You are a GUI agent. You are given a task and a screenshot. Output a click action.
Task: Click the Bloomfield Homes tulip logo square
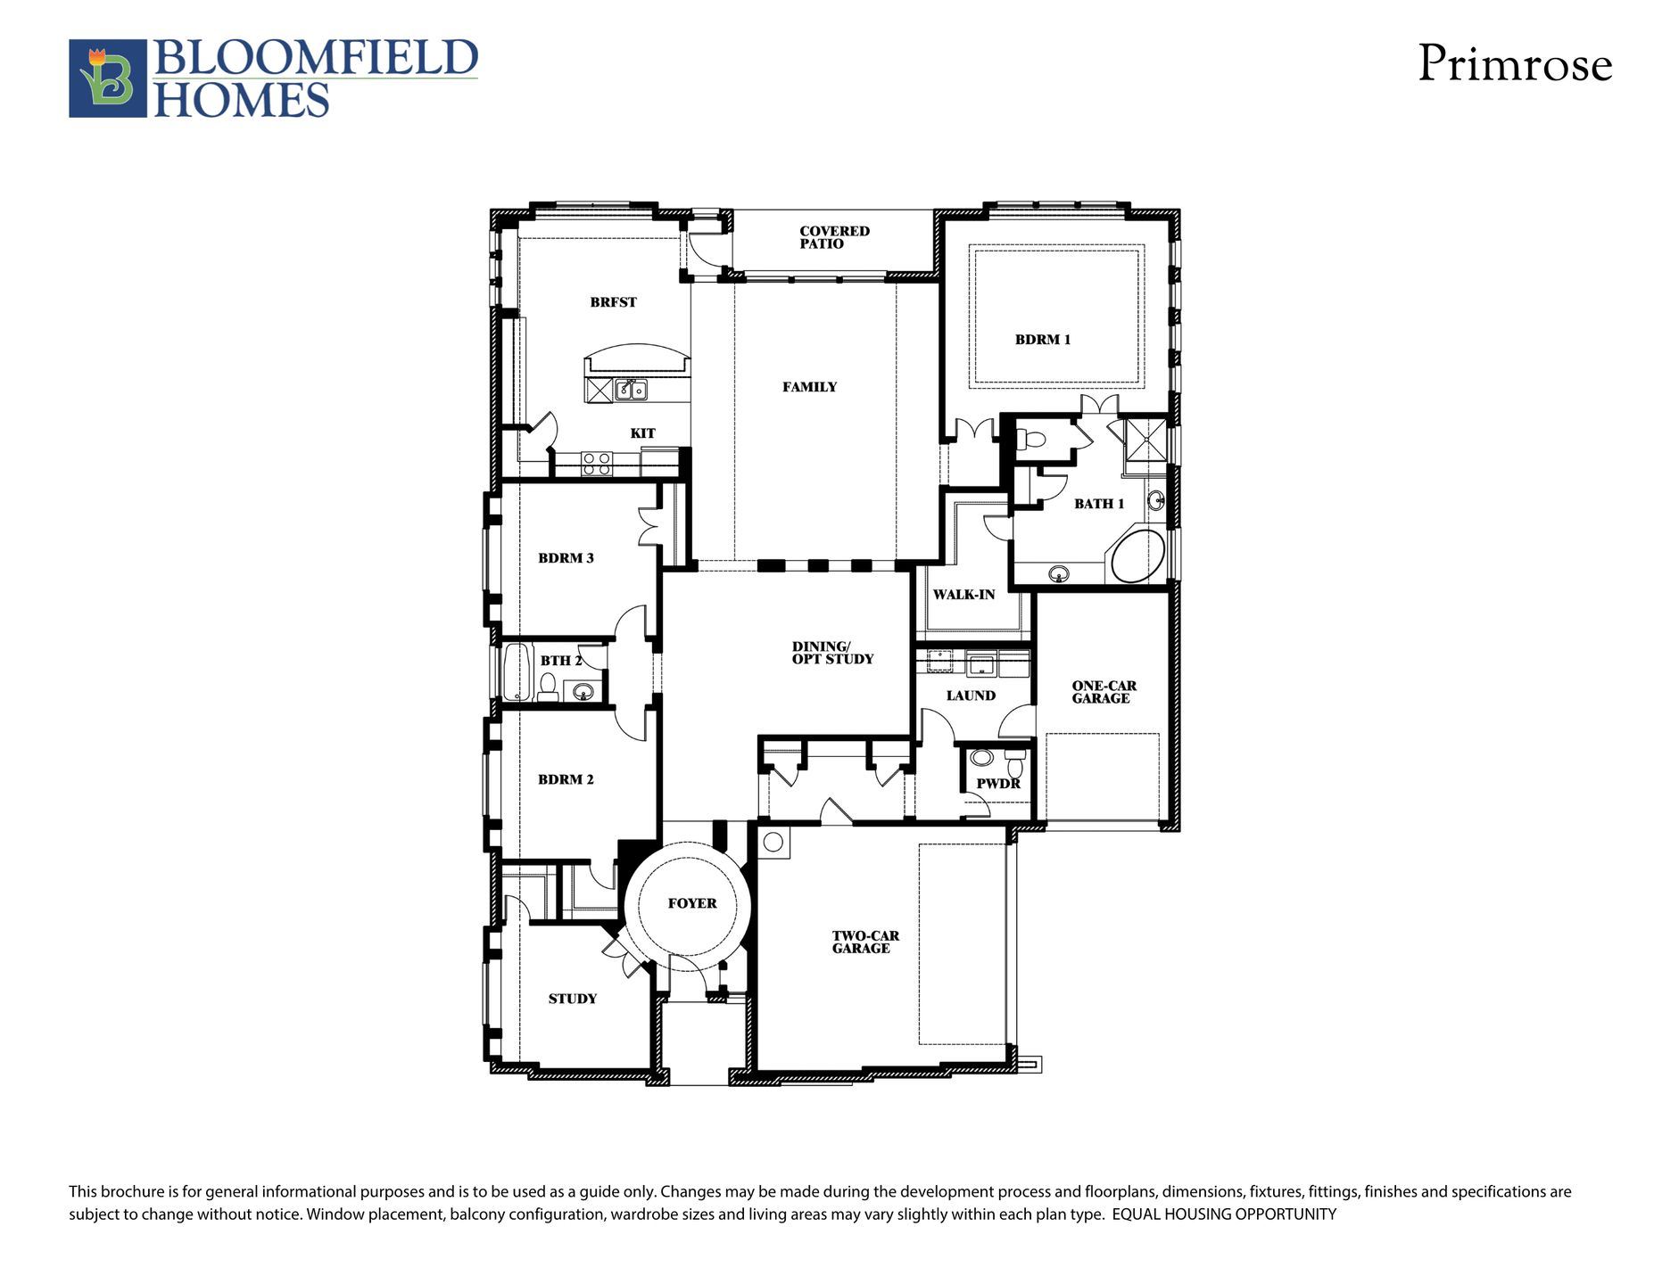click(x=108, y=78)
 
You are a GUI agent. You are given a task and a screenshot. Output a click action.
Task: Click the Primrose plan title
click(x=1515, y=64)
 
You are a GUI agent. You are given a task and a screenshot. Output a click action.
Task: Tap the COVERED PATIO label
click(x=834, y=237)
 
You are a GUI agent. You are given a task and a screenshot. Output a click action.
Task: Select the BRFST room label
click(x=614, y=302)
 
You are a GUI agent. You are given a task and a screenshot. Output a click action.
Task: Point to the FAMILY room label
click(x=810, y=387)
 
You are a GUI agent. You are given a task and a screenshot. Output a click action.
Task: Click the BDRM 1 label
click(x=1043, y=340)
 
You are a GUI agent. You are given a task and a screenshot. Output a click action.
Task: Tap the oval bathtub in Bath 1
click(x=1137, y=557)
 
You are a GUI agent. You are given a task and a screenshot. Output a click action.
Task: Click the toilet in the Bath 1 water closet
click(x=1030, y=439)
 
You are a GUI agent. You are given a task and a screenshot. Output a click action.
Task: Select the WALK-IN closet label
click(x=963, y=595)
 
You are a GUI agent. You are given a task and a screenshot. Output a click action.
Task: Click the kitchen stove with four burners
click(x=597, y=464)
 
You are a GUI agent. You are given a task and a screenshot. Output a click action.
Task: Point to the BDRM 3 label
click(x=566, y=558)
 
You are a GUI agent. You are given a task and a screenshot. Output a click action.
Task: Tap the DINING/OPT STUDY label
click(x=833, y=653)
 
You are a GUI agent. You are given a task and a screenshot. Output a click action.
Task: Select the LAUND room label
click(x=971, y=695)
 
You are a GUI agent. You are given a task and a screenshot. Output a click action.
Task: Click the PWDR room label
click(x=998, y=784)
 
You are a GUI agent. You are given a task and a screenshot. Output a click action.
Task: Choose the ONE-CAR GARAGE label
click(x=1104, y=692)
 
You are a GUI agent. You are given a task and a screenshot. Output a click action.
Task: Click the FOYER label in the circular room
click(x=692, y=903)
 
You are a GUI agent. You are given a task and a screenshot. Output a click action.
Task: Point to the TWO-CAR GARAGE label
click(x=865, y=942)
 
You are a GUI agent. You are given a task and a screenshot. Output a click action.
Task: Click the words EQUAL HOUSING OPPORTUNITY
click(x=1224, y=1214)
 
